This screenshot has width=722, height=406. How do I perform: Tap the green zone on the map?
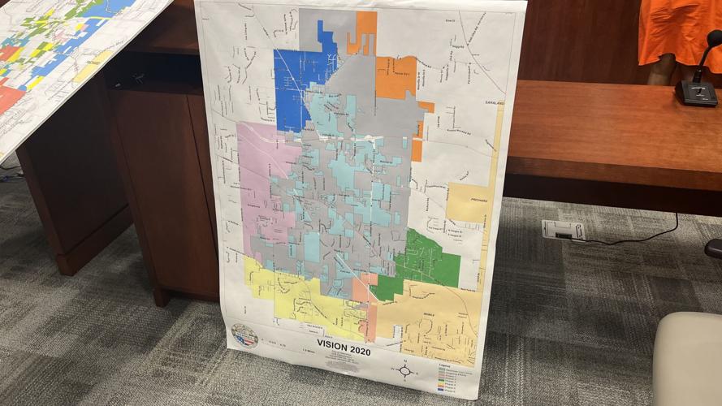click(422, 258)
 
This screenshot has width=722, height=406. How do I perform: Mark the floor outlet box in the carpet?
click(562, 230)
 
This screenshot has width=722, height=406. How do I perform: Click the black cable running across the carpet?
click(633, 238)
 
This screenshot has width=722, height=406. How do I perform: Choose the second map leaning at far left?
click(65, 57)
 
